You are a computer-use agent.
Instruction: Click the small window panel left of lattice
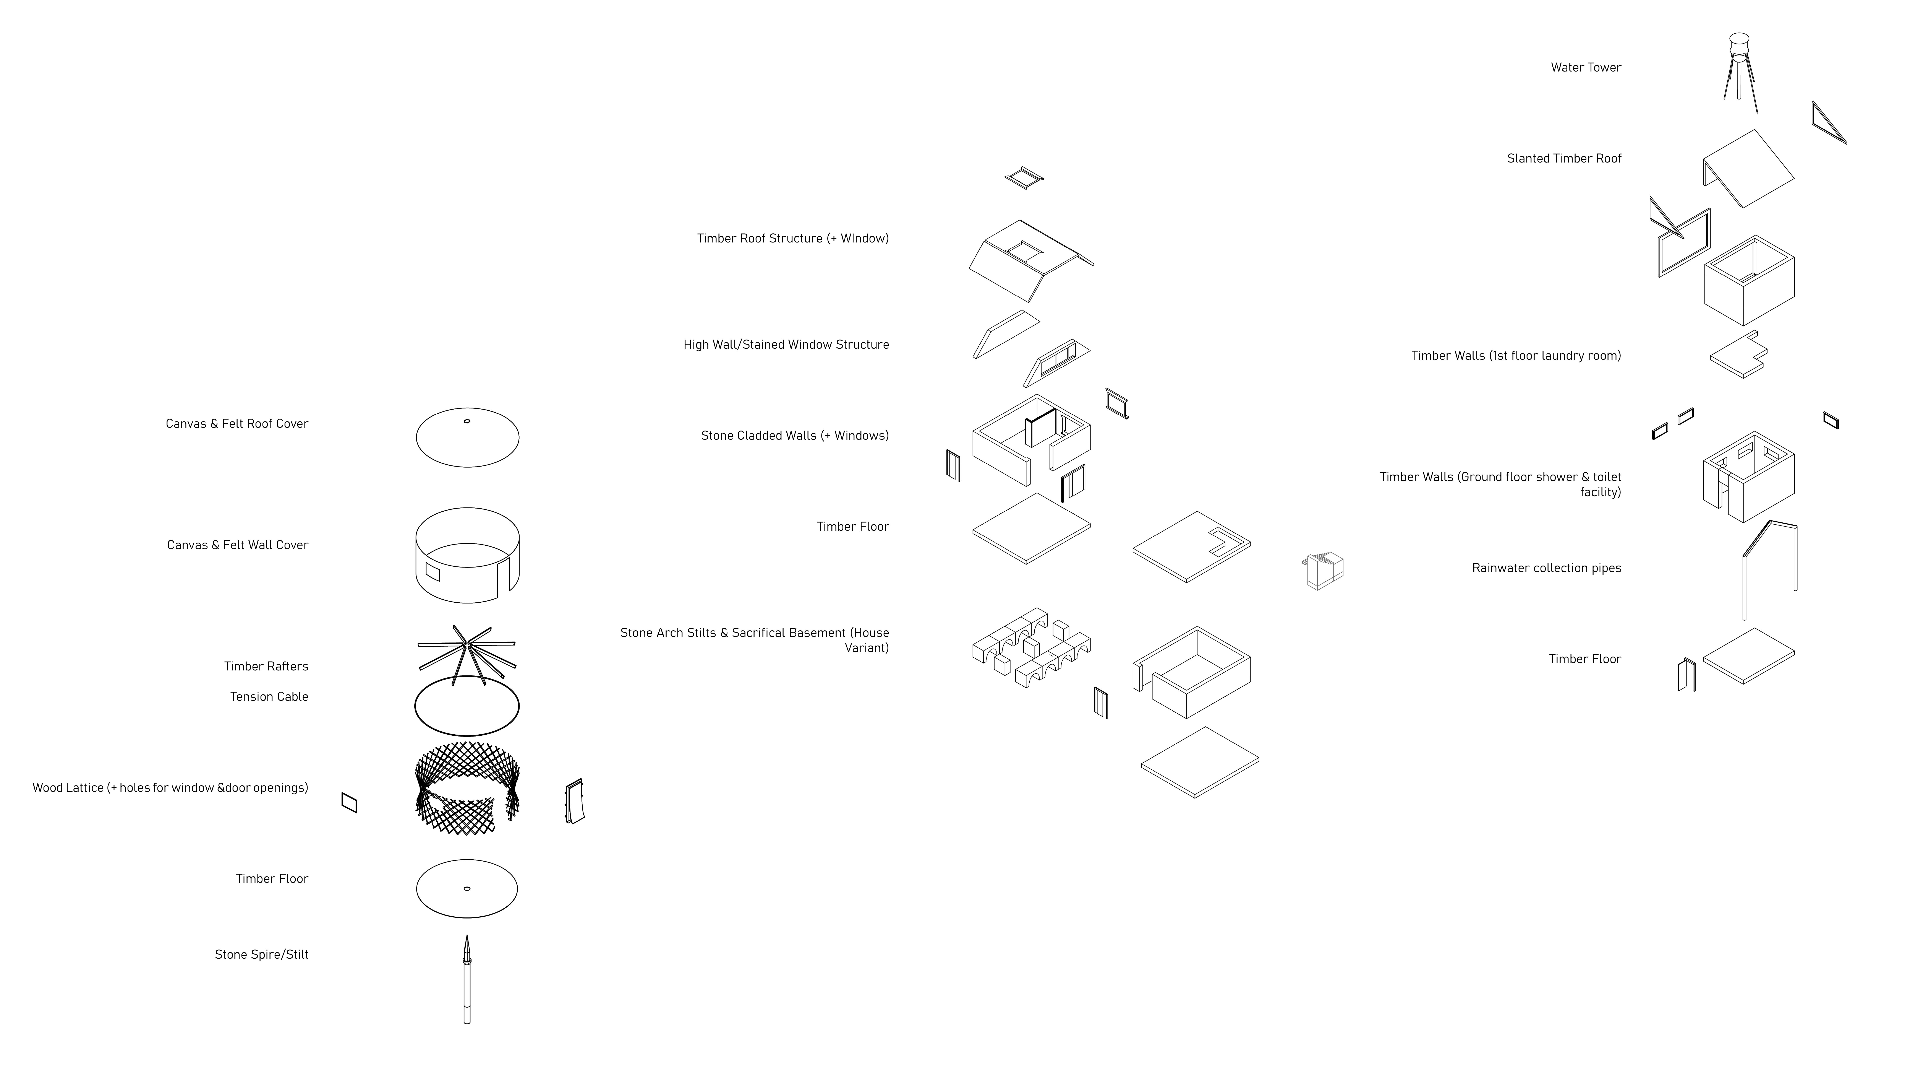click(x=349, y=803)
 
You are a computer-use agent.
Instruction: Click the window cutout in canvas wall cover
click(x=432, y=572)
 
